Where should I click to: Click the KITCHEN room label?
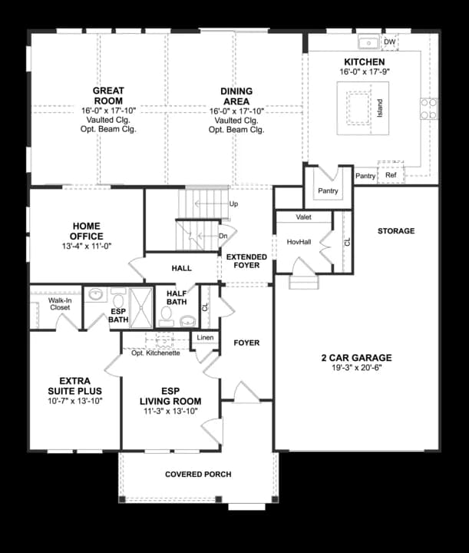pos(364,61)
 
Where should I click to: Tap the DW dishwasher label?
pos(390,41)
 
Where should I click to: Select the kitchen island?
pos(360,104)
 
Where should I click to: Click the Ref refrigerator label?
pos(391,175)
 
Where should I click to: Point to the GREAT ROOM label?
pos(108,95)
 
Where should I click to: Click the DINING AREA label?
pos(236,95)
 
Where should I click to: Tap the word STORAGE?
pos(395,231)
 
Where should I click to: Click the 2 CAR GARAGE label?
pos(356,358)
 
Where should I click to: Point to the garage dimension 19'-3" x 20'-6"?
pos(356,368)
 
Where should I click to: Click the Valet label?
pos(304,217)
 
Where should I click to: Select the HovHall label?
pos(298,242)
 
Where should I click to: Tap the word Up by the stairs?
pos(234,204)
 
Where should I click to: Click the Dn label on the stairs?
pos(223,236)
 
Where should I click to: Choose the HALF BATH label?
pos(176,297)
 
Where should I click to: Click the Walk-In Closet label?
pos(59,303)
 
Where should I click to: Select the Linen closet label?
pos(204,338)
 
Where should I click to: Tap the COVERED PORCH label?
pos(198,474)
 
